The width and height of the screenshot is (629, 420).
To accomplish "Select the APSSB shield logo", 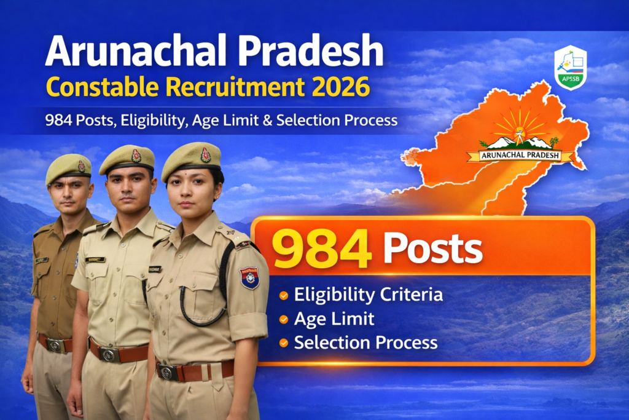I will point(570,67).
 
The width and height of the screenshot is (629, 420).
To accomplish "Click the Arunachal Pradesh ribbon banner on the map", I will point(521,155).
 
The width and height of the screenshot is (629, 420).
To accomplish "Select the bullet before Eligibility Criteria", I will point(283,296).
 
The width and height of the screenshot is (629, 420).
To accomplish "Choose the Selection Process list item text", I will point(365,343).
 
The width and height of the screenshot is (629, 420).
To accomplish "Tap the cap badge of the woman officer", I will point(206,155).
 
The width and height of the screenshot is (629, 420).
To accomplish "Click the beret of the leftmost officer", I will point(68,167).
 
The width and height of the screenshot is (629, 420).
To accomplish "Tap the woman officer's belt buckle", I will point(166,371).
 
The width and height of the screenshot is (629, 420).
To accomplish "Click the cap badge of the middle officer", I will point(136,156).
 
